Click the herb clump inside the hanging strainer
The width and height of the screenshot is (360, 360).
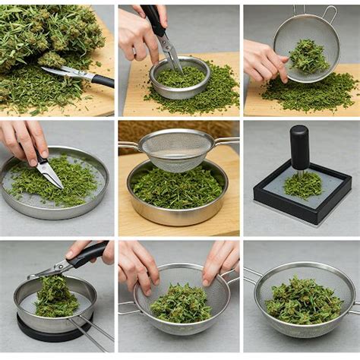point(308,56)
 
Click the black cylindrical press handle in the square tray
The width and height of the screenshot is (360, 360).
point(300,147)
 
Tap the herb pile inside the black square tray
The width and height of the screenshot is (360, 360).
point(303,185)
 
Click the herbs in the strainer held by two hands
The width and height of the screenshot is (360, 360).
point(181,303)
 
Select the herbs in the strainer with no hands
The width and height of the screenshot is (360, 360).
point(303,301)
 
